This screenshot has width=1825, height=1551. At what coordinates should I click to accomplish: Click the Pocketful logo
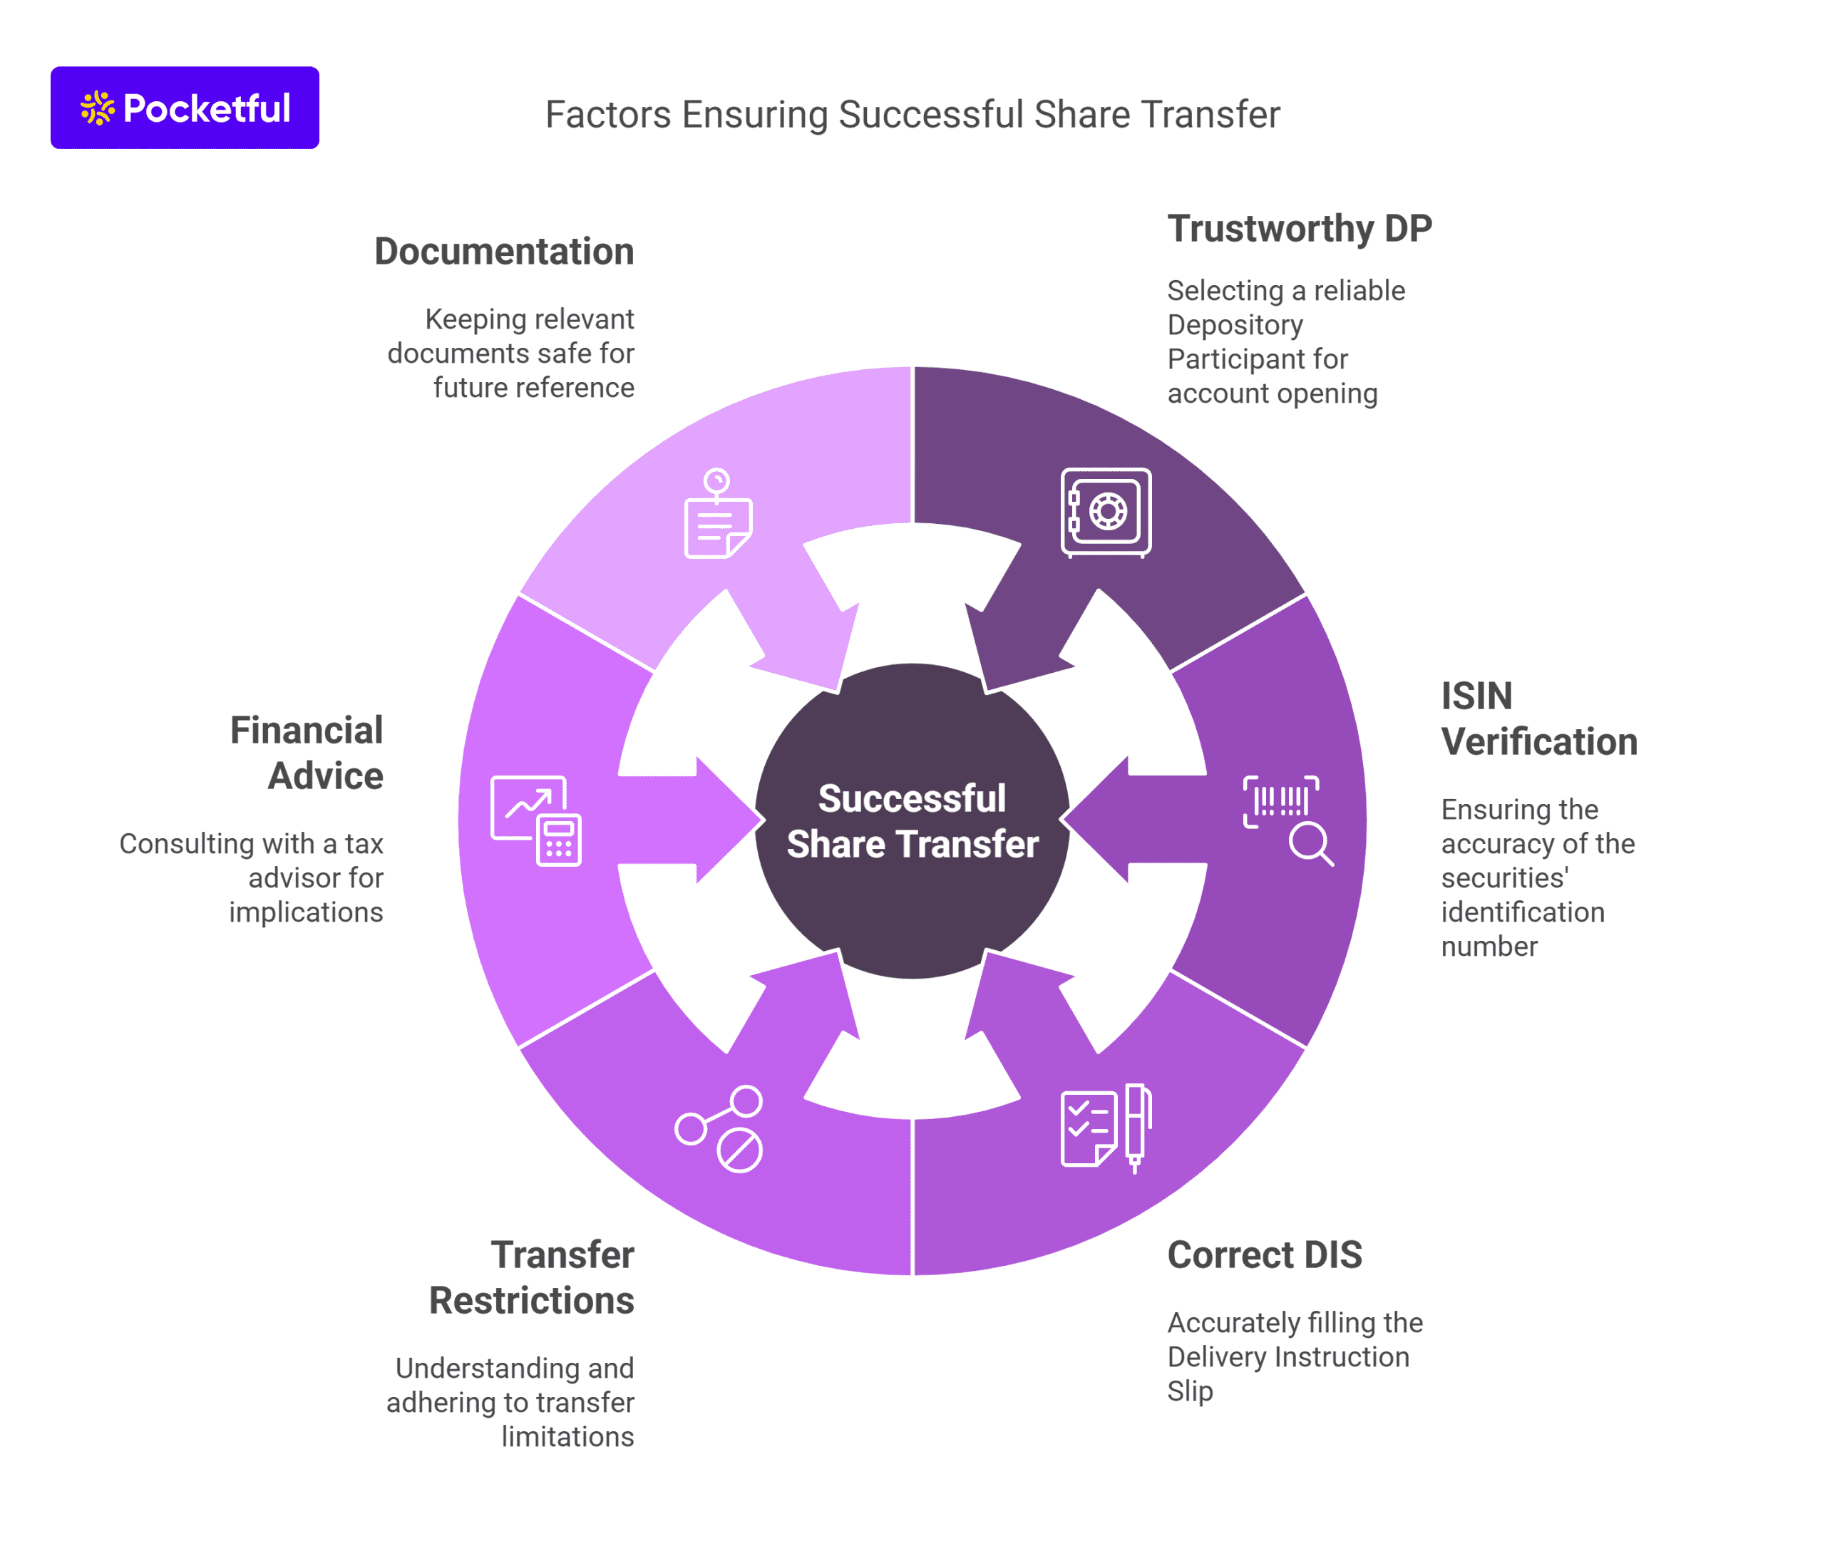point(184,107)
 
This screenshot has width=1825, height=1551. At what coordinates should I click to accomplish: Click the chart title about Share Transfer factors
point(911,114)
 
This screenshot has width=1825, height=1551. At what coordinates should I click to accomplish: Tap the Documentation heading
point(503,252)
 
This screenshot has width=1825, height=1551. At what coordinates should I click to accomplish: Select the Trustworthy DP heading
point(1298,229)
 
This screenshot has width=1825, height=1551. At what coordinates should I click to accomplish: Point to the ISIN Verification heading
point(1538,718)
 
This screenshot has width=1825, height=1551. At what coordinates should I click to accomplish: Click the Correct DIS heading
point(1264,1254)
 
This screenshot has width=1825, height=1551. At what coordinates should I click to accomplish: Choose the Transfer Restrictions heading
point(531,1277)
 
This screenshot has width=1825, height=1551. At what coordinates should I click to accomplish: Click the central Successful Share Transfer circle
point(912,820)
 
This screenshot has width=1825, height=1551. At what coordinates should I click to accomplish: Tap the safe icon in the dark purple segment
point(1106,512)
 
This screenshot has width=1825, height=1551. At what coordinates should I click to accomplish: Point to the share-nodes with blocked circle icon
point(719,1128)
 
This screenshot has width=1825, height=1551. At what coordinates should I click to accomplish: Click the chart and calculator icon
point(535,820)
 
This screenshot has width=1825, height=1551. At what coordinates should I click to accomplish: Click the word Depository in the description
point(1235,324)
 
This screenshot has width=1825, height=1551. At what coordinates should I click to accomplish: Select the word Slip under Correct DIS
point(1189,1391)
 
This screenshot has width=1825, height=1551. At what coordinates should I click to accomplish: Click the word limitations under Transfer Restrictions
point(567,1437)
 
